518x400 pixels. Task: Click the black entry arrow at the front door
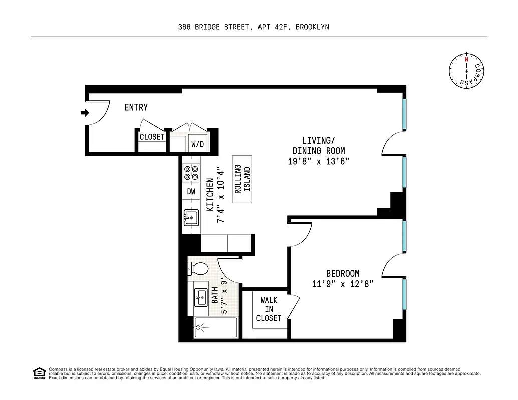pyautogui.click(x=85, y=113)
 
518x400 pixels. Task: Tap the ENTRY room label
pyautogui.click(x=136, y=107)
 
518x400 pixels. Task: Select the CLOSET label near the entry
pyautogui.click(x=152, y=137)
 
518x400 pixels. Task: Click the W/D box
pyautogui.click(x=198, y=144)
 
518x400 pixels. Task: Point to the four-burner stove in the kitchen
pyautogui.click(x=190, y=172)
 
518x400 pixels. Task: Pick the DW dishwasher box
pyautogui.click(x=191, y=191)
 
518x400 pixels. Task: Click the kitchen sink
pyautogui.click(x=191, y=217)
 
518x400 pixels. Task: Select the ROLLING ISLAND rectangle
pyautogui.click(x=242, y=179)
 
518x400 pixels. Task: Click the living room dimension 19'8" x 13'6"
pyautogui.click(x=319, y=161)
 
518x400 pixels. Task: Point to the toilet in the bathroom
pyautogui.click(x=199, y=268)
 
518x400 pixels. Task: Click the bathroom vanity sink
pyautogui.click(x=201, y=297)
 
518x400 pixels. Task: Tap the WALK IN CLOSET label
pyautogui.click(x=269, y=309)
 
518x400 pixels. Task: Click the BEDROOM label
pyautogui.click(x=343, y=273)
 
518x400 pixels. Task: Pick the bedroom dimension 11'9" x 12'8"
pyautogui.click(x=343, y=284)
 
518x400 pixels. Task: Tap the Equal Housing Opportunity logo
pyautogui.click(x=39, y=373)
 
